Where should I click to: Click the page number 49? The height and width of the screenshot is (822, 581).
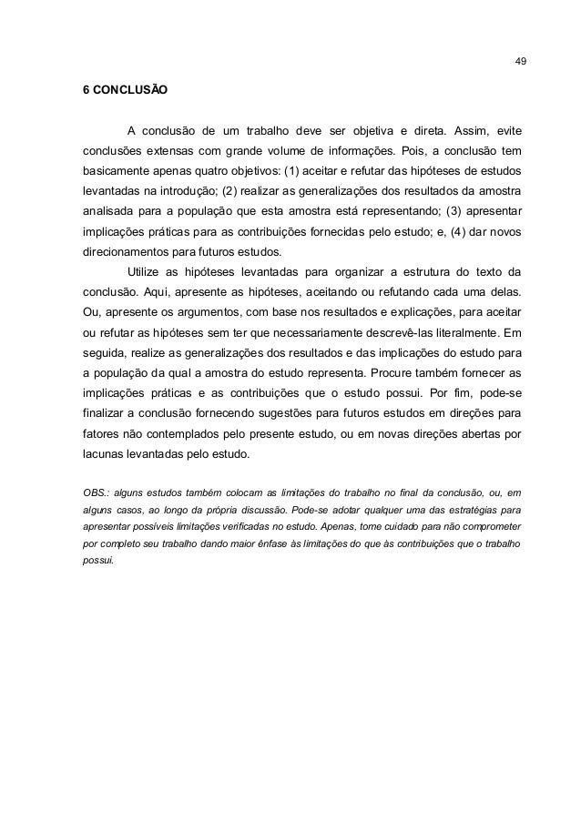tap(519, 62)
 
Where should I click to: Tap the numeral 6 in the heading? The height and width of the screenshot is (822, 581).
tap(86, 92)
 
